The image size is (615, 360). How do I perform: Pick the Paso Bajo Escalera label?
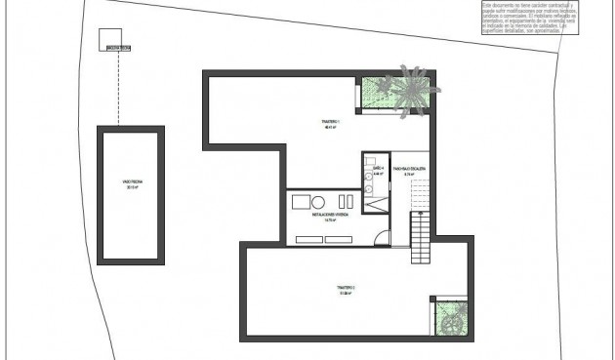tap(409, 172)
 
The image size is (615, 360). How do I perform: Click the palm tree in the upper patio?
tap(410, 86)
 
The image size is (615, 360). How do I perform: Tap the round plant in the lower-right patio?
tap(451, 318)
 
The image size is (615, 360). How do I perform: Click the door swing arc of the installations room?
tap(383, 237)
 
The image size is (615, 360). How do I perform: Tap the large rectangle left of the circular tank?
tap(300, 201)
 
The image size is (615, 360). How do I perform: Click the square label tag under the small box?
tap(119, 47)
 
